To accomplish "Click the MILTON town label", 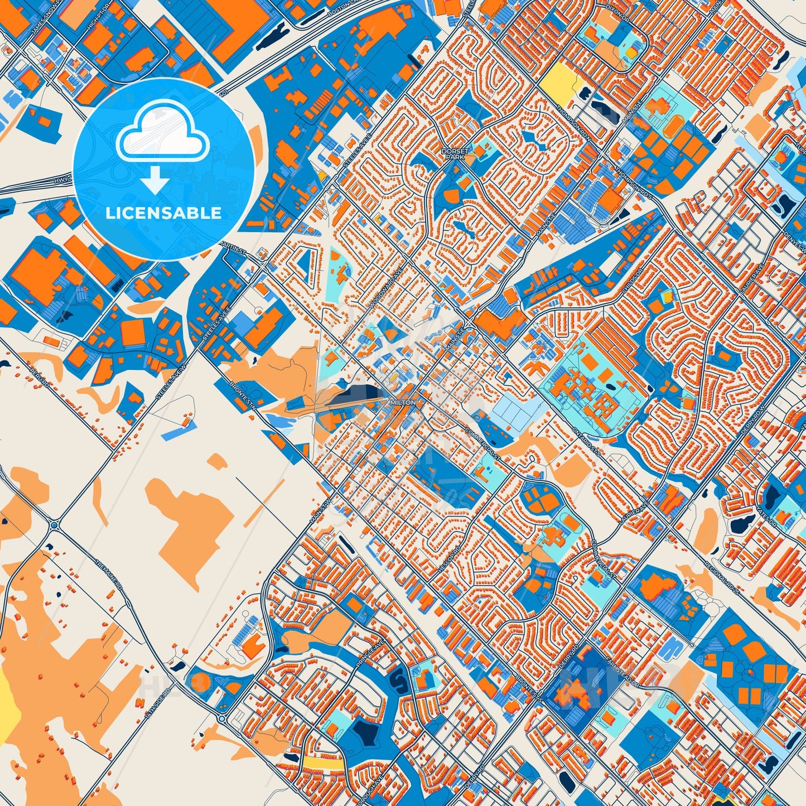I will tap(403, 401).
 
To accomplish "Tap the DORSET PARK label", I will tap(455, 154).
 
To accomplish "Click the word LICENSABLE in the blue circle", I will tap(163, 213).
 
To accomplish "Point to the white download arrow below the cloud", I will tap(156, 182).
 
